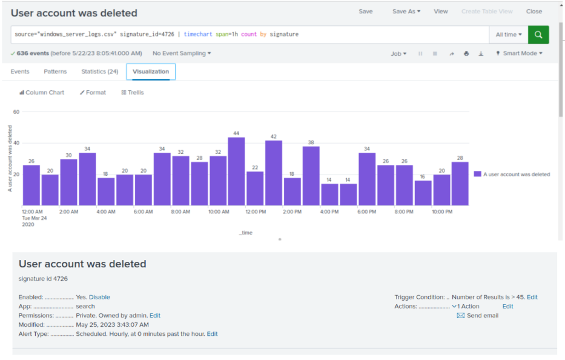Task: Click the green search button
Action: tap(538, 35)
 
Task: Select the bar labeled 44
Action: tap(236, 172)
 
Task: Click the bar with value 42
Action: tap(274, 173)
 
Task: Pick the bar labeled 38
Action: tap(311, 176)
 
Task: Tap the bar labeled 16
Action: tap(423, 193)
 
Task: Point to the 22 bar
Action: tap(255, 188)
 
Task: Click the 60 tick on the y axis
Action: tap(16, 112)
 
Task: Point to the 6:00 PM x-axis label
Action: tap(367, 212)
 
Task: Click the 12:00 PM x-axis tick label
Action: tap(256, 212)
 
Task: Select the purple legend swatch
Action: tap(477, 174)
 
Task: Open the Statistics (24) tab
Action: tap(100, 72)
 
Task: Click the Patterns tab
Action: tap(55, 72)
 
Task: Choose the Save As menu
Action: tap(406, 12)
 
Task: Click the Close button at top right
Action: tap(534, 12)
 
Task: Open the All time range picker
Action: tap(509, 35)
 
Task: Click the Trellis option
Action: tap(133, 92)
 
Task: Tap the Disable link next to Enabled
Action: tap(99, 297)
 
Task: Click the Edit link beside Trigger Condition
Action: tap(532, 297)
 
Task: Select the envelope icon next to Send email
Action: tap(460, 316)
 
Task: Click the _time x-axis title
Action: tap(246, 233)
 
